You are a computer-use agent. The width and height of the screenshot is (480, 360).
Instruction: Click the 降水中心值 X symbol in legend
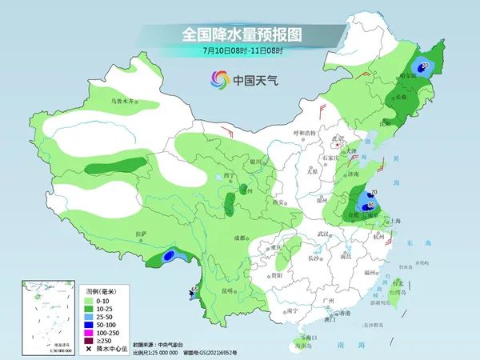(x=87, y=349)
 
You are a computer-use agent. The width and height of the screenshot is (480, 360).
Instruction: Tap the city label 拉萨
(x=142, y=234)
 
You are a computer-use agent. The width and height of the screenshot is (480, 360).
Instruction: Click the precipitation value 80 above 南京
(x=372, y=206)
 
